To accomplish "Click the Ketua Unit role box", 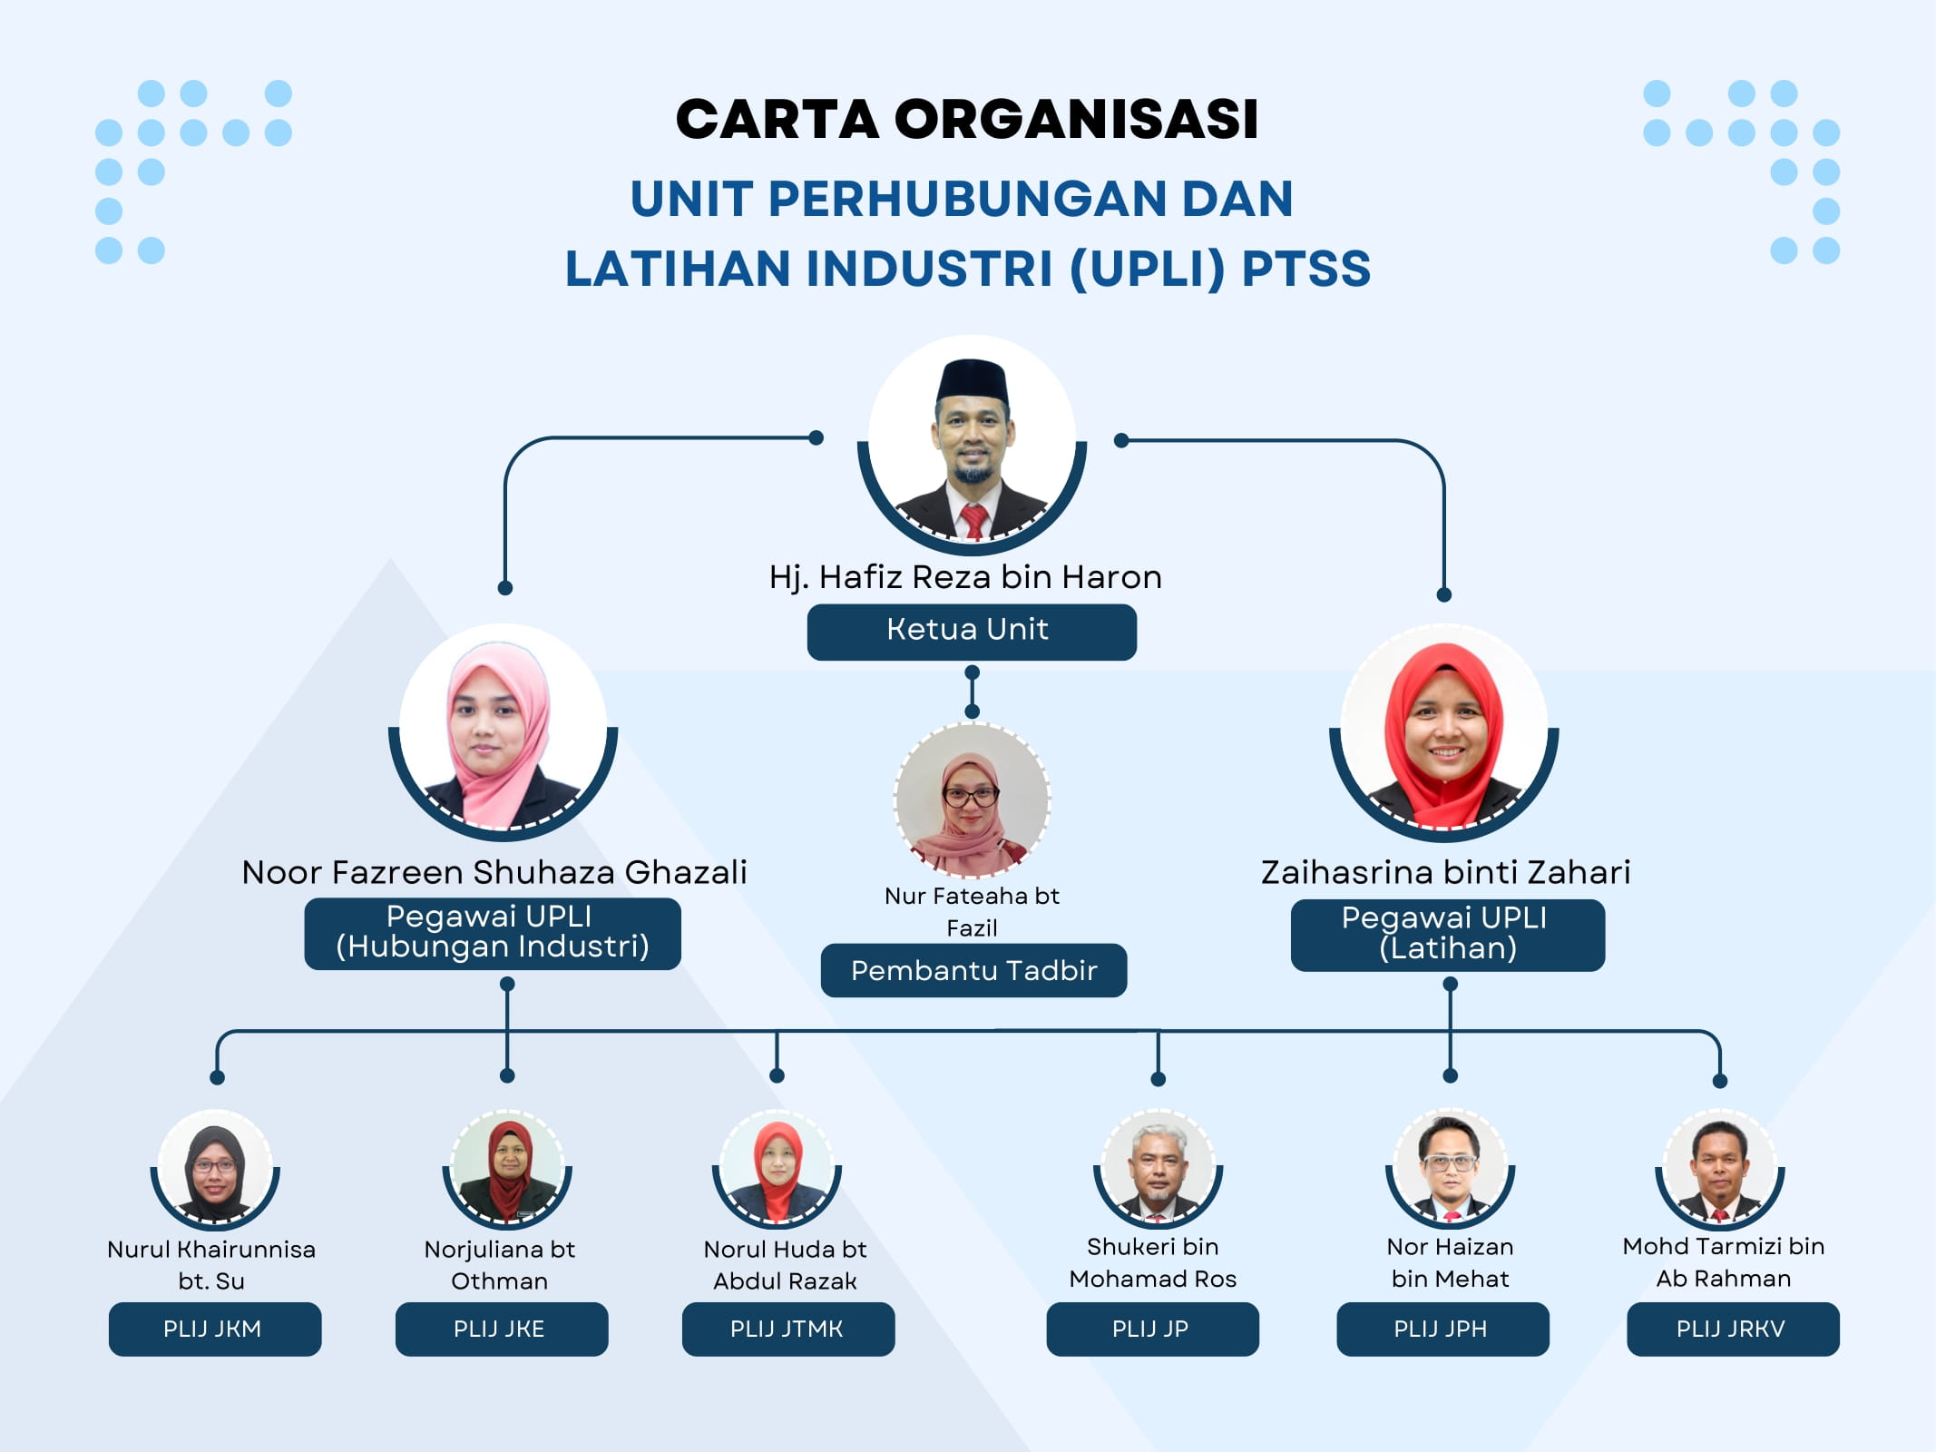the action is [x=972, y=632].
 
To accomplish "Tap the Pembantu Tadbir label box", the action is [x=973, y=970].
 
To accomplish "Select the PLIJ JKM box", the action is [x=215, y=1329].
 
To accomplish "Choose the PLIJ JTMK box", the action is [x=788, y=1329].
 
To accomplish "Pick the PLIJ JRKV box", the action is [x=1733, y=1329].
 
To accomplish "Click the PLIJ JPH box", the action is [x=1442, y=1329].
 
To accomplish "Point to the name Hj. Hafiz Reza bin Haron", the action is [x=965, y=577].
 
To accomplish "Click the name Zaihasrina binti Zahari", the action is [x=1445, y=872].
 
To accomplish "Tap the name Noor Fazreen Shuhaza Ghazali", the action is [x=494, y=872].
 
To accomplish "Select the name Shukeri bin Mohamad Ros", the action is [x=1153, y=1262].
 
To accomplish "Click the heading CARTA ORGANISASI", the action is [x=967, y=119].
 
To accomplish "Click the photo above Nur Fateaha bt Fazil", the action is [x=972, y=800].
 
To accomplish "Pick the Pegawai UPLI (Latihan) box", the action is [x=1448, y=935].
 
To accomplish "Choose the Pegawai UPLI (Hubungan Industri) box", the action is [x=493, y=934].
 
